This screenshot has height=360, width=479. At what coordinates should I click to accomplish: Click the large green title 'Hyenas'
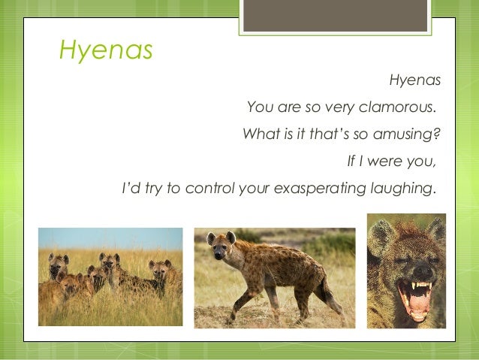click(x=106, y=50)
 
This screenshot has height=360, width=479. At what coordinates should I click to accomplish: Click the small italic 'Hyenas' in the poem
click(x=414, y=80)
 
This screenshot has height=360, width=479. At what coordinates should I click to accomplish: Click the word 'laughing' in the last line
click(x=399, y=188)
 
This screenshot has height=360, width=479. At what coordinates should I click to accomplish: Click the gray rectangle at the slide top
click(x=335, y=15)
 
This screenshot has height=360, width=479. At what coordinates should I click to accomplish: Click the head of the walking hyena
click(x=221, y=247)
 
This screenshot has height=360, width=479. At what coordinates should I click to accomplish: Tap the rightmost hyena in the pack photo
click(x=161, y=272)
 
